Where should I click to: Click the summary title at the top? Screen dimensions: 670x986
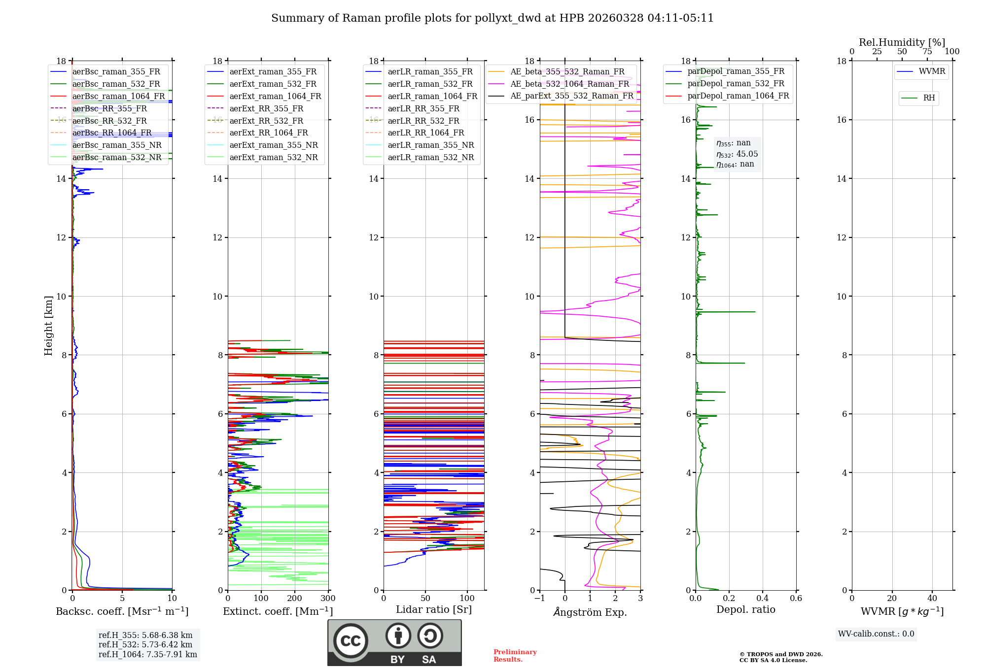[x=492, y=18]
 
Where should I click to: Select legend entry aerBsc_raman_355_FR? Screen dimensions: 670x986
[x=116, y=72]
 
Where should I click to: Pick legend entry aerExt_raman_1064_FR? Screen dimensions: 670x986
[x=275, y=97]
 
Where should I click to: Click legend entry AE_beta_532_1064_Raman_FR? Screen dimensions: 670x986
[x=569, y=84]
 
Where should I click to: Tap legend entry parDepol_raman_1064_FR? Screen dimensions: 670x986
[x=738, y=96]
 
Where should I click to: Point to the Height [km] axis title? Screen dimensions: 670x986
[x=48, y=326]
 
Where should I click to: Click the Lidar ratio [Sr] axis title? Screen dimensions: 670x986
[x=434, y=609]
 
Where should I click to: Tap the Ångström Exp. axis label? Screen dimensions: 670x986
[x=590, y=612]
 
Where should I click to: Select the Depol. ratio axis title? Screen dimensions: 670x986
[x=745, y=609]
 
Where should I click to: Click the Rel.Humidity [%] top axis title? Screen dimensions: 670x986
[x=902, y=42]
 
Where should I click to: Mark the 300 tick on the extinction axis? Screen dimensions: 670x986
[x=328, y=599]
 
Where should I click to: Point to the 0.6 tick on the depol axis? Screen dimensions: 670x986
[x=796, y=599]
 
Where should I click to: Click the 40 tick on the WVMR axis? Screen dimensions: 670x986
[x=932, y=599]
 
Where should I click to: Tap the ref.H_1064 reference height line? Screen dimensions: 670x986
[x=147, y=655]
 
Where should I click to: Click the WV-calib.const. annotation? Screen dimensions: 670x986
[x=876, y=634]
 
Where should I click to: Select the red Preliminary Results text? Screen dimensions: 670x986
[x=515, y=656]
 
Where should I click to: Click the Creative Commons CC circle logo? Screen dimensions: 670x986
[x=351, y=641]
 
